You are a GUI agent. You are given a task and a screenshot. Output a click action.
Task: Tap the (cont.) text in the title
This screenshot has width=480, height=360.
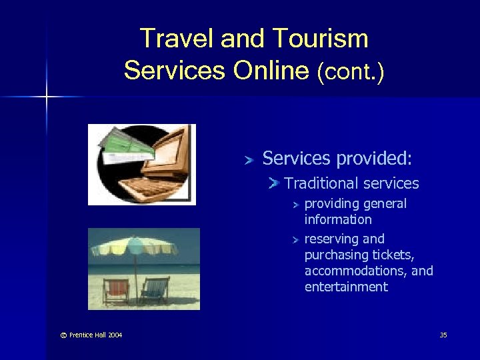click(351, 70)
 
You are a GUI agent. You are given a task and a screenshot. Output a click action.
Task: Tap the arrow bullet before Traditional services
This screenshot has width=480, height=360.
click(273, 183)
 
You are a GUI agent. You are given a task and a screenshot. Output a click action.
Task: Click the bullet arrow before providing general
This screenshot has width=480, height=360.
click(297, 204)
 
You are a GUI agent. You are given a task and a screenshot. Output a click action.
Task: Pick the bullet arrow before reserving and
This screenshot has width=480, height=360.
click(297, 239)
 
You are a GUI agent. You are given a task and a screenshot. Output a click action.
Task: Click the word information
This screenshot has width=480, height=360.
click(338, 219)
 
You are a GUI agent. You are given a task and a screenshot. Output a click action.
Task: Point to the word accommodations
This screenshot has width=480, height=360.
click(354, 271)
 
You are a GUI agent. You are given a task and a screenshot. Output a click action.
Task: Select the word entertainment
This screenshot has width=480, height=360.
click(346, 287)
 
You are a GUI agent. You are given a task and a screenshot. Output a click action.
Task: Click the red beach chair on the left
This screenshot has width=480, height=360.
click(117, 290)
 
